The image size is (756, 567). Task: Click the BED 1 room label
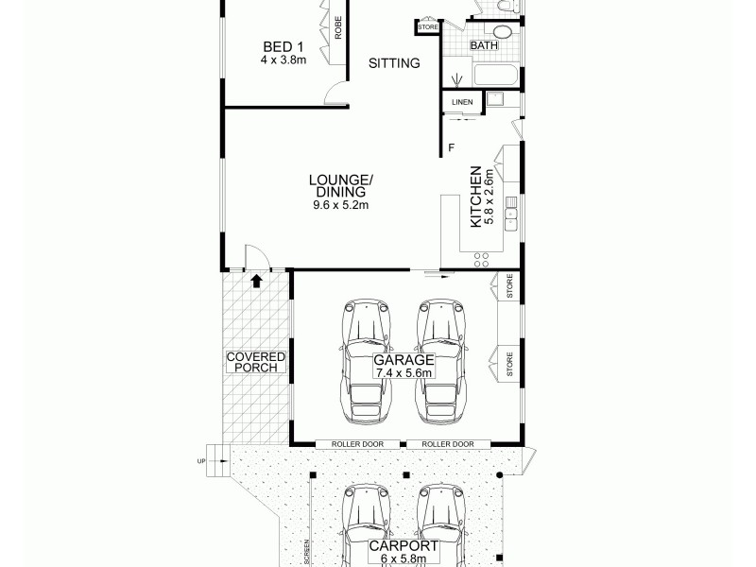[x=283, y=46]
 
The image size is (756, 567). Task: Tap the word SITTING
[x=394, y=64]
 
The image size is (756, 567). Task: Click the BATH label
[x=484, y=45]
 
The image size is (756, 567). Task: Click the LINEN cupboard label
[x=462, y=102]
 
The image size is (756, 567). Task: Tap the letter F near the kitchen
[x=452, y=147]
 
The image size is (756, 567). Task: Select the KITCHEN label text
[x=476, y=198]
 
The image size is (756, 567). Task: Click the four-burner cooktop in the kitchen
[x=481, y=253]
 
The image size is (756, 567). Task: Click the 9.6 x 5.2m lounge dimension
[x=341, y=205]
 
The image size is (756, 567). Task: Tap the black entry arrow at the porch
[x=255, y=279]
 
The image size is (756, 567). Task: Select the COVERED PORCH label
[x=255, y=361]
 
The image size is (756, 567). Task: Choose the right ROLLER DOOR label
[x=448, y=444]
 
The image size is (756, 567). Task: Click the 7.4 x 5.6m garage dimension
[x=403, y=373]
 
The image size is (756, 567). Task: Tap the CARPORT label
[x=403, y=546]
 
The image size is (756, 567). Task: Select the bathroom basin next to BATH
[x=502, y=31]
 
